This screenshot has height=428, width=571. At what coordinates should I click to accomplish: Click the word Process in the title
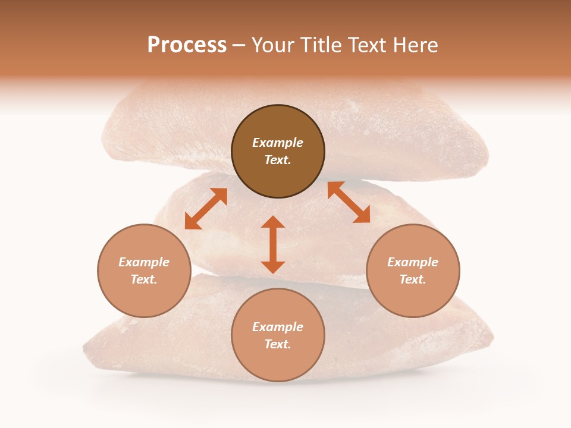(187, 45)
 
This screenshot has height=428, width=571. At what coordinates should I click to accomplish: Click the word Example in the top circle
(278, 143)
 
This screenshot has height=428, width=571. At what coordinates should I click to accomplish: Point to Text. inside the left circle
(144, 279)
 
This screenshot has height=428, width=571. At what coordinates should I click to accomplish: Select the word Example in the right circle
(413, 262)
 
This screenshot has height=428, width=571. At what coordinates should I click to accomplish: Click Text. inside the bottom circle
(278, 344)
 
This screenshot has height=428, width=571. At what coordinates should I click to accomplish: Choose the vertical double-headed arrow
(273, 244)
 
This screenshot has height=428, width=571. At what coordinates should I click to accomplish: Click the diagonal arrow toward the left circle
(206, 209)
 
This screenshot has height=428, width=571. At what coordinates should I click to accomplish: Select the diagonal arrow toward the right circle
(349, 203)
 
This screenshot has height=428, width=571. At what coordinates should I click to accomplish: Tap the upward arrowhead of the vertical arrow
(273, 222)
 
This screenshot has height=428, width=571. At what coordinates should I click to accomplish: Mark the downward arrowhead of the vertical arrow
(273, 267)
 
